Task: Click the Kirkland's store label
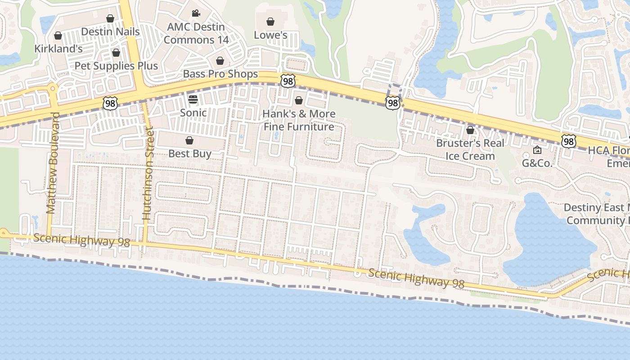pos(59,49)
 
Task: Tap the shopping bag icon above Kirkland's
pos(58,36)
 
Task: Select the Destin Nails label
pos(110,32)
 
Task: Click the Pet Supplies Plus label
pos(116,66)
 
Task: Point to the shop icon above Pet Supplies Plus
pos(116,53)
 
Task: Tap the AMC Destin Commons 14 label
pos(196,33)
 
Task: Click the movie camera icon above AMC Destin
pos(196,13)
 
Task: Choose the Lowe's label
pos(270,35)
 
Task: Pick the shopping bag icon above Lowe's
pos(270,22)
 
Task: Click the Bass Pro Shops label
pos(220,74)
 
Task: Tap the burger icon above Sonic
pos(193,99)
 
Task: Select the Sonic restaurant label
pos(193,112)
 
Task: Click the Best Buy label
pos(189,153)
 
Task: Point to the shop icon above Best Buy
pos(189,140)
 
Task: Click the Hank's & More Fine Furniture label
pos(299,120)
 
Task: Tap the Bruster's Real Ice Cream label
pos(470,149)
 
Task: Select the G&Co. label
pos(537,163)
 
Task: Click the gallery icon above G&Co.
pos(537,150)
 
